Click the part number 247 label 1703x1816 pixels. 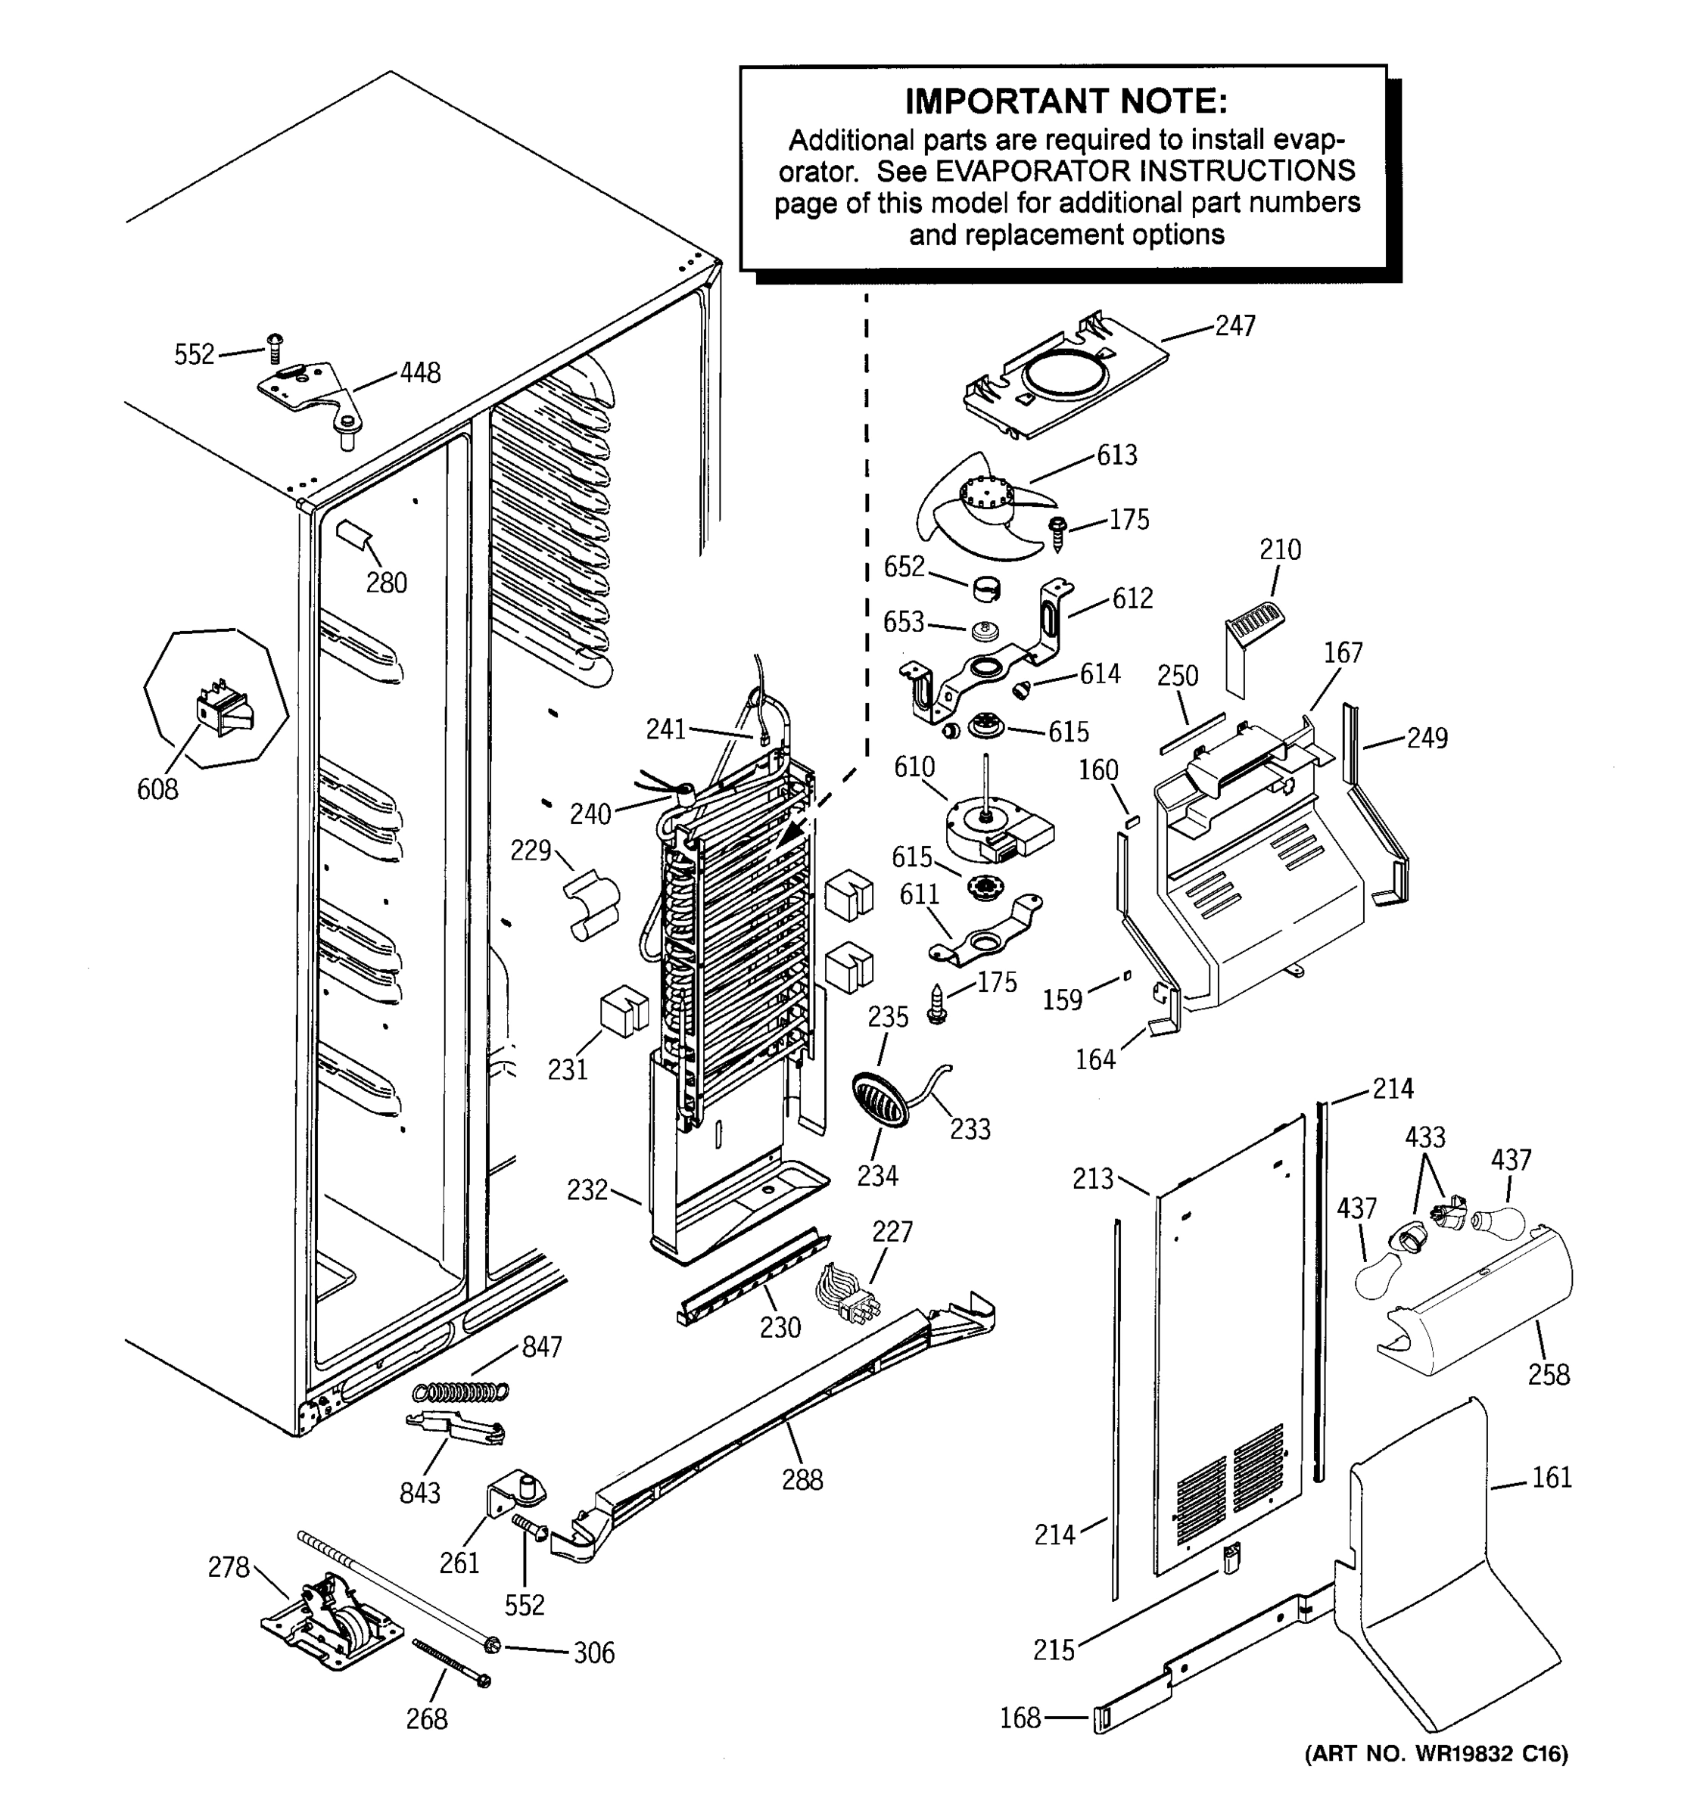tap(1234, 325)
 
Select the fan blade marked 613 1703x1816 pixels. tap(979, 507)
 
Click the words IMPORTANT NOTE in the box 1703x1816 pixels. tap(1065, 101)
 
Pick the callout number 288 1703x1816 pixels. tap(802, 1480)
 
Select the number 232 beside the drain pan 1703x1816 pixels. tap(587, 1189)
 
